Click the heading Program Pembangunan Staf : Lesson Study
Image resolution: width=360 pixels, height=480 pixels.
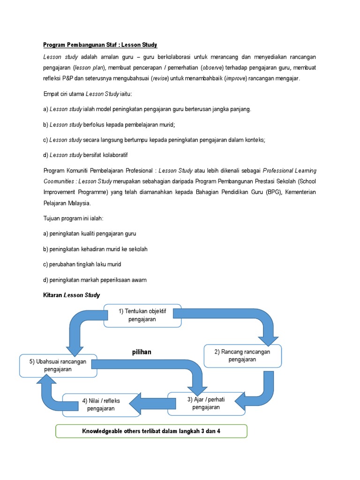pos(100,45)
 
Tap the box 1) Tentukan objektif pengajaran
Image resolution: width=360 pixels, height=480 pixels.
pos(142,315)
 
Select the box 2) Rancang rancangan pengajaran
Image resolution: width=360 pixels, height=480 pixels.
pos(242,356)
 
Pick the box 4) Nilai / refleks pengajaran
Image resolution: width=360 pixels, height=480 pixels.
pos(101,405)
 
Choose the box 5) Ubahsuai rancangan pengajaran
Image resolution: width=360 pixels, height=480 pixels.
pos(58,366)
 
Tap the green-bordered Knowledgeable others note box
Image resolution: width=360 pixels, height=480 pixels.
pos(151,431)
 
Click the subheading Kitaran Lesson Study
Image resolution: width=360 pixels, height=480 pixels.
pos(71,295)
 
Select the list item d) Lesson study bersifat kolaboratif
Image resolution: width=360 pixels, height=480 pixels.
pos(89,155)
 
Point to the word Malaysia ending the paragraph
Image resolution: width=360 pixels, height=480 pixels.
pos(79,203)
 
